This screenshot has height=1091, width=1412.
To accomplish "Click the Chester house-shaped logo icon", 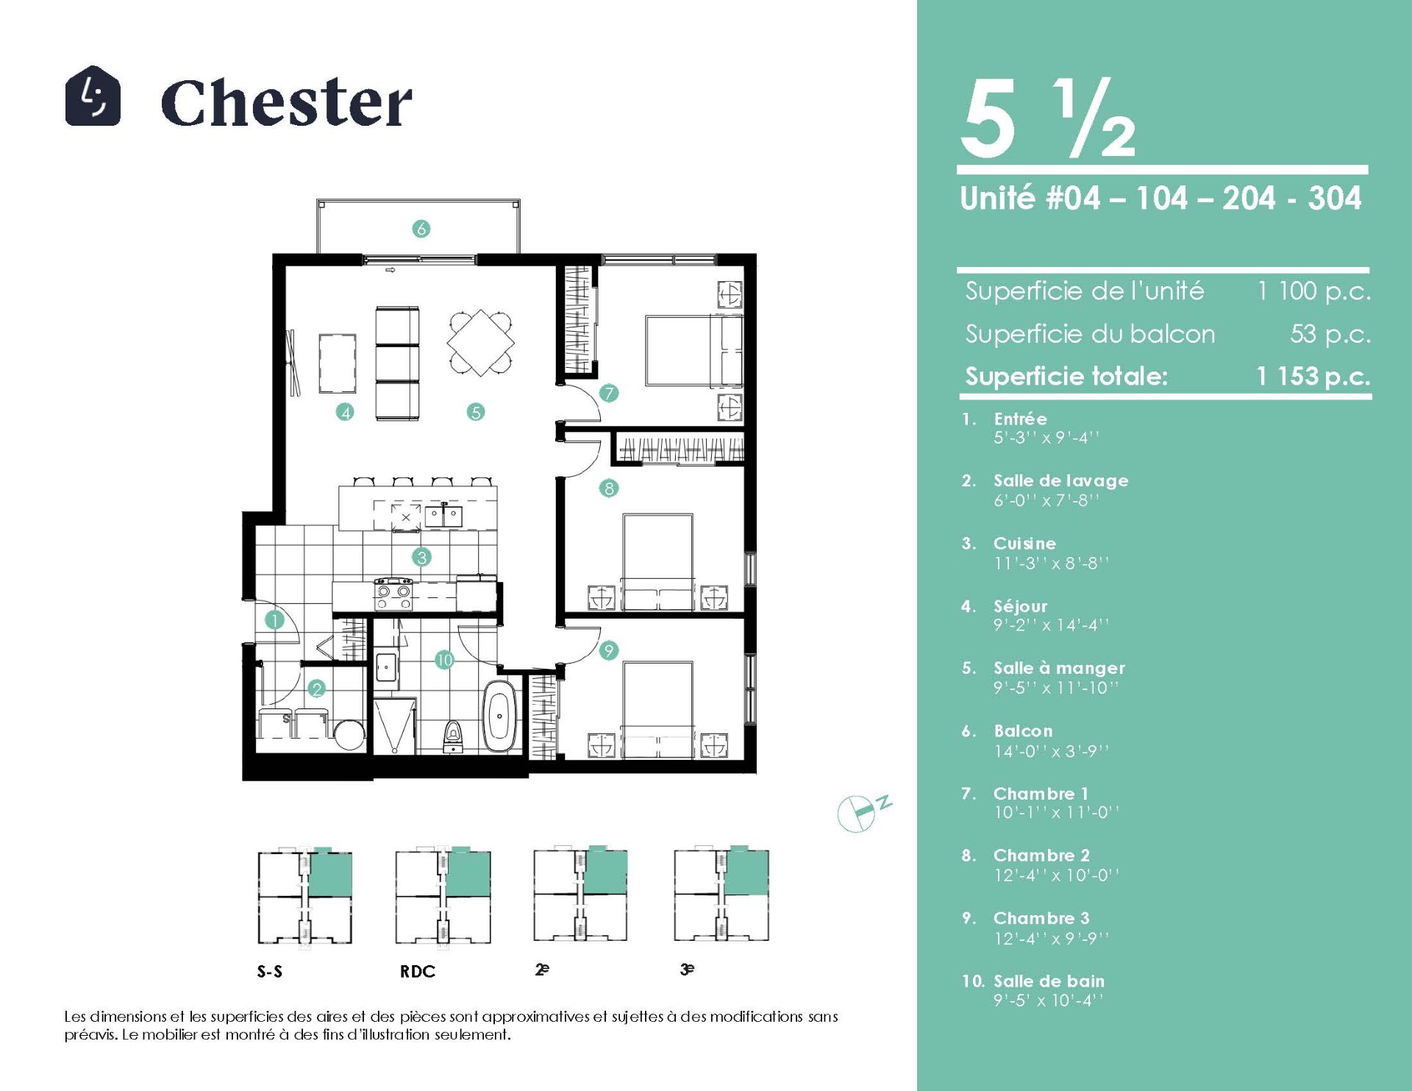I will pos(93,96).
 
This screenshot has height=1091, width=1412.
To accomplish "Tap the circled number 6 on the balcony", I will pos(421,229).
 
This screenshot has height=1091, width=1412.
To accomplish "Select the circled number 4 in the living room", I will pos(345,412).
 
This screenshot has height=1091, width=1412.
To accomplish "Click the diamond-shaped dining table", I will pos(481,343).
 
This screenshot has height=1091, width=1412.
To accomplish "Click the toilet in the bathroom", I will pos(454,735).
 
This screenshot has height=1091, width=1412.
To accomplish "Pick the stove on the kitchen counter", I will pos(393,594).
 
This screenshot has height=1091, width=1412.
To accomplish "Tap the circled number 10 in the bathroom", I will pos(444,660).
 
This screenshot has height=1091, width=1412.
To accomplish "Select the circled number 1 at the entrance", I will pos(274,620).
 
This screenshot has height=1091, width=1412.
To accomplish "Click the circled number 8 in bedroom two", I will pos(609,488).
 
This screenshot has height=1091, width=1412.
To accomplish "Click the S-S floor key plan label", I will pos(270,972).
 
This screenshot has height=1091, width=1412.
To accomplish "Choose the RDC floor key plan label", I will pos(418,972).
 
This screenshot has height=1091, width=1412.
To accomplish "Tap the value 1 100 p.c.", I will pos(1313,291).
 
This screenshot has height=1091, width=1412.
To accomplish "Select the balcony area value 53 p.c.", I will pos(1330,334).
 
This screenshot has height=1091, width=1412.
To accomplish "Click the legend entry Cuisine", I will pos(1024,544).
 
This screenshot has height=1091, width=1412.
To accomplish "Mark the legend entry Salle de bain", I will pos(1049,981).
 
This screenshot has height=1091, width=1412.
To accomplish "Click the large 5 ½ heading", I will pos(1049,119).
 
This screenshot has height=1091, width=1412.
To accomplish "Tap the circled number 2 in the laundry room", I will pos(317,689).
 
